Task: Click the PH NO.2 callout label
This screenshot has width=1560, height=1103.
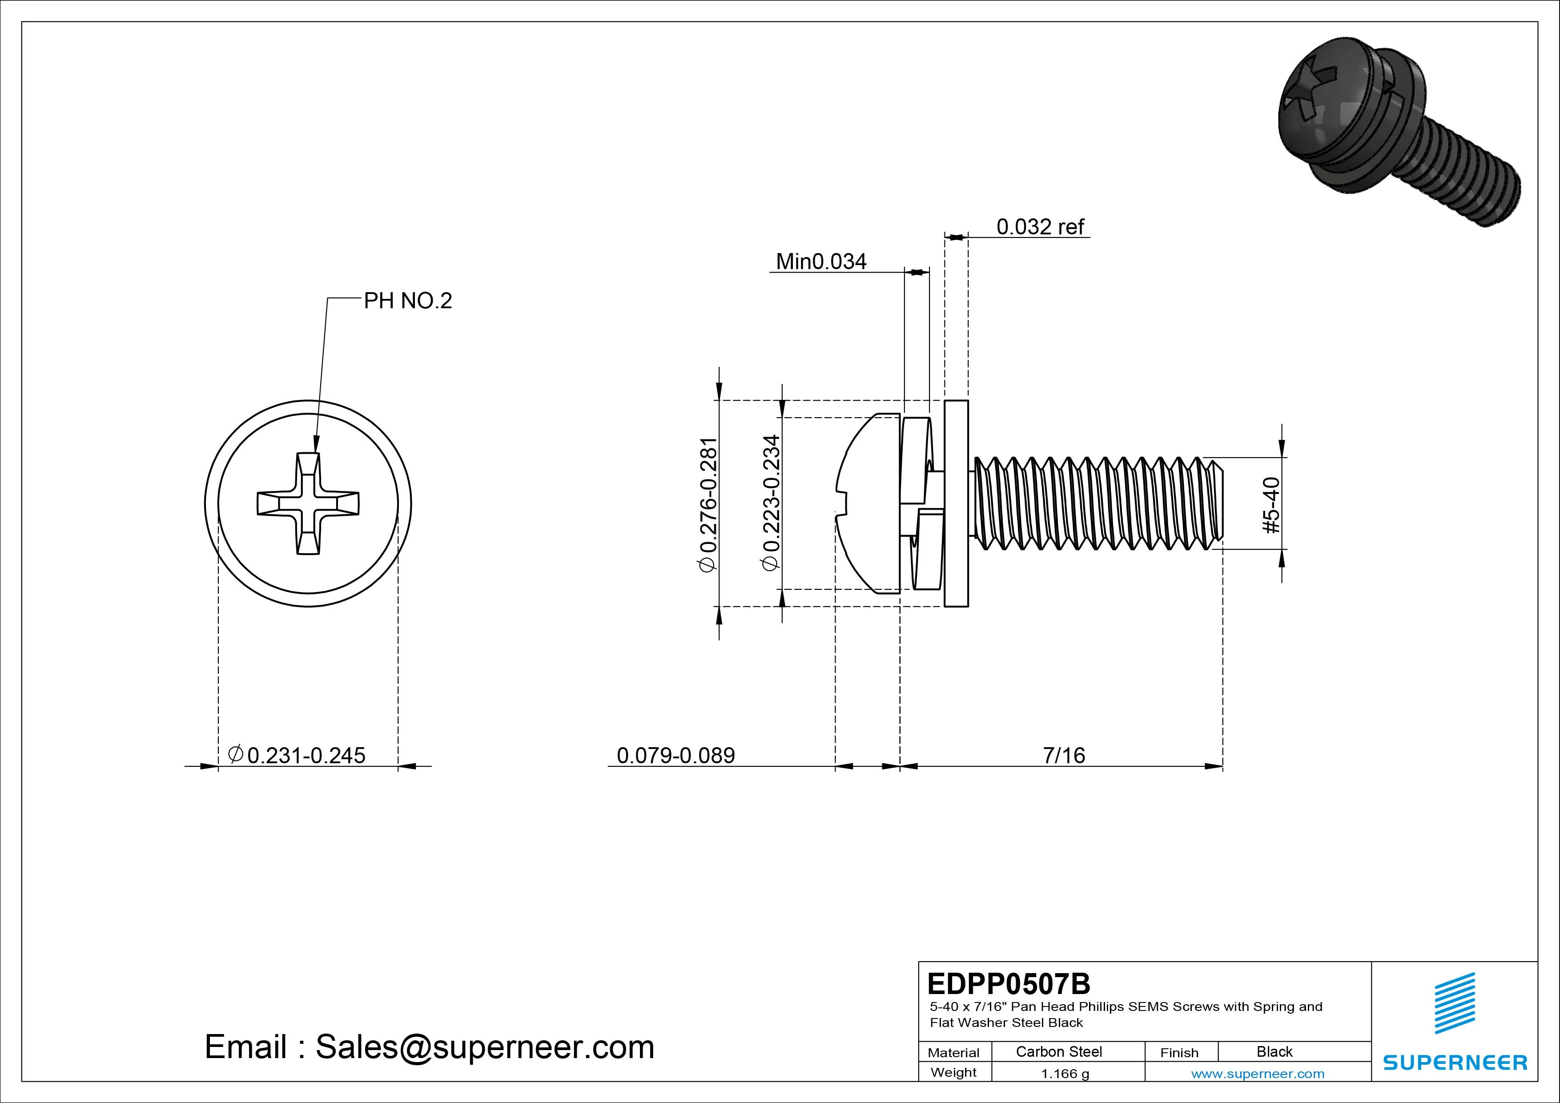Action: (x=408, y=300)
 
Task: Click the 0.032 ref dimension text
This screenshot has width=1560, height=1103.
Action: (x=1040, y=226)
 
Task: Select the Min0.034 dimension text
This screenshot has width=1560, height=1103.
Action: (x=821, y=262)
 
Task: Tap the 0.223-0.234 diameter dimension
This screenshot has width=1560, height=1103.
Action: (x=771, y=503)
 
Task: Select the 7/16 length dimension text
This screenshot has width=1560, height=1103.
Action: (x=1064, y=755)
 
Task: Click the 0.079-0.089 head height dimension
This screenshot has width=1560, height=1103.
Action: (x=675, y=755)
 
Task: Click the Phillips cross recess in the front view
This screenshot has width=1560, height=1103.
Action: (x=308, y=503)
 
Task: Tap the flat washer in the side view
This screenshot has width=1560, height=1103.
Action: (x=956, y=503)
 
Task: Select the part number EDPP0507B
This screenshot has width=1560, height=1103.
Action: (x=1008, y=983)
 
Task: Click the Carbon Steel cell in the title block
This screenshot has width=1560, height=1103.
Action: (x=1058, y=1052)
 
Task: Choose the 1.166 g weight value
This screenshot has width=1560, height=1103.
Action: (x=1065, y=1074)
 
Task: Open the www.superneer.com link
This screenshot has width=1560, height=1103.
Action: (x=1258, y=1074)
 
